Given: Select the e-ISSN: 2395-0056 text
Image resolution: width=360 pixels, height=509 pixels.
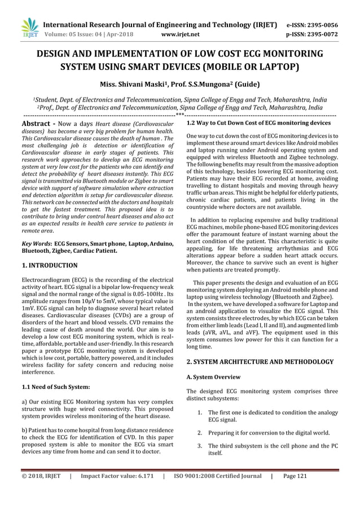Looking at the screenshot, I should point(321,25).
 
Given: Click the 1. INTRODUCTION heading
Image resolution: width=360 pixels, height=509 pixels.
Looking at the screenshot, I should point(49,265).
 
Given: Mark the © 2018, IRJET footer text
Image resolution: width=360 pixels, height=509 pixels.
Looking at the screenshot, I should point(40,492).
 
